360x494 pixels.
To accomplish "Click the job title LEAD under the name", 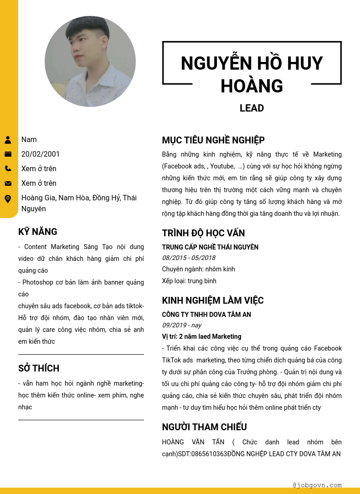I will pos(252,108).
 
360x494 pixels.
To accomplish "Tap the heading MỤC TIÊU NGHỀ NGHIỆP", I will pos(213,140).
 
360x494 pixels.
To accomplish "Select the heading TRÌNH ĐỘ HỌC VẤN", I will pos(203,233).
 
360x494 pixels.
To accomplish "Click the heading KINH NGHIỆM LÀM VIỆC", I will pos(213,300).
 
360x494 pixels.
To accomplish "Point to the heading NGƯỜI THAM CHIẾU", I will pos(204,427).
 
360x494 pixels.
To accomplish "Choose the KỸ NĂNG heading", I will pos(38,232).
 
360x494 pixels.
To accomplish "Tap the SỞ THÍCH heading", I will pos(39,368).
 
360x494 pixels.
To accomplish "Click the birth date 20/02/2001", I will pos(41,154).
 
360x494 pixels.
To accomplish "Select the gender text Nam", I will pos(29,140).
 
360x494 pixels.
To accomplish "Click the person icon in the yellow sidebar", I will pos(8,140).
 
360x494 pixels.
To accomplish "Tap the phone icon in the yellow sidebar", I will pos(8,168).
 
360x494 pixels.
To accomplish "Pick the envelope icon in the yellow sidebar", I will pos(8,183).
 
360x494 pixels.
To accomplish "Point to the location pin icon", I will pos(8,199).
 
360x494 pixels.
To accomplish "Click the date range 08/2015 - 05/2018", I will pos(189,258).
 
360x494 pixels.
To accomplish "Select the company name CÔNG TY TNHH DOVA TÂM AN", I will pos(206,315).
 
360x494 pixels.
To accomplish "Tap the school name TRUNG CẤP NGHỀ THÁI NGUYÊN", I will pos(210,247).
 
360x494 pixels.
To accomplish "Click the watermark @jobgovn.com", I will pos(317,485).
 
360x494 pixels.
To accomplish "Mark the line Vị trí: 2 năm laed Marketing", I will pos(201,336).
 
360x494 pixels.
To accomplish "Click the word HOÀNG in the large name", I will pos(252,86).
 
